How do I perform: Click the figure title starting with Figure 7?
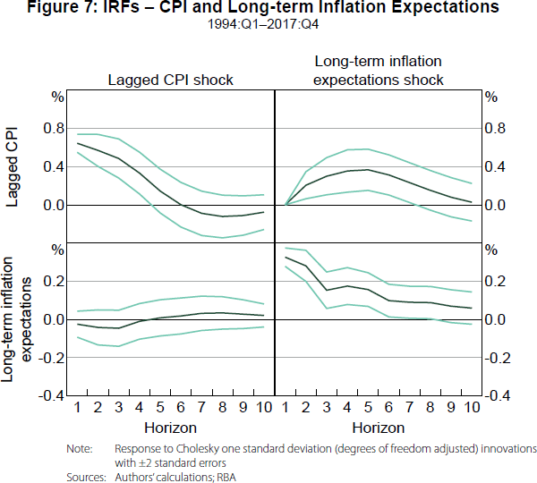(268, 8)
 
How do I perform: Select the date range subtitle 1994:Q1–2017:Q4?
(268, 23)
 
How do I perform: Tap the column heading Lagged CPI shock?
(170, 80)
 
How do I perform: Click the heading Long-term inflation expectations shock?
(379, 70)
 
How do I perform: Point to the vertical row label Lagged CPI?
(13, 167)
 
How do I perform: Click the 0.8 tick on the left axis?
(54, 129)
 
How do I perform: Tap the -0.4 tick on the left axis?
(52, 395)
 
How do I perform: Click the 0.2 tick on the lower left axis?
(54, 282)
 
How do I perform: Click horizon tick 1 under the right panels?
(286, 409)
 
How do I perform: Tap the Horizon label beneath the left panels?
(170, 428)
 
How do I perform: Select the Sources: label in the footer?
(86, 477)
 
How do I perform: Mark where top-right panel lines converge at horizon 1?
(286, 205)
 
